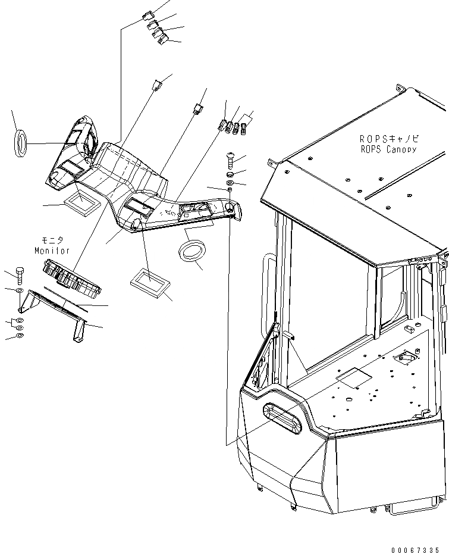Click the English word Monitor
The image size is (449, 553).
52,251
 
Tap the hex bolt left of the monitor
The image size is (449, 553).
18,275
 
